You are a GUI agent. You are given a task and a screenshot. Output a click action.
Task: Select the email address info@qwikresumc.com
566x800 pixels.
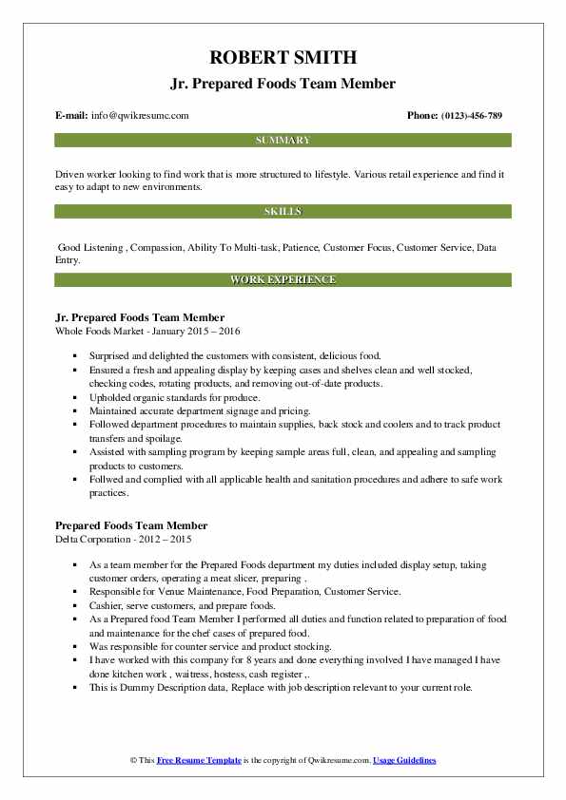point(141,116)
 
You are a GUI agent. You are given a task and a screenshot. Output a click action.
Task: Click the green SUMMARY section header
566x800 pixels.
point(283,141)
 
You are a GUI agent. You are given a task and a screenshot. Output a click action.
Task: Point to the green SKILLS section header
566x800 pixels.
point(283,211)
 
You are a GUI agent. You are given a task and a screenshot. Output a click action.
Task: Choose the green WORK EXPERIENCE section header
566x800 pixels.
point(283,280)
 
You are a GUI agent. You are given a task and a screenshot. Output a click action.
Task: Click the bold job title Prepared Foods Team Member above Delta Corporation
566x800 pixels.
point(131,525)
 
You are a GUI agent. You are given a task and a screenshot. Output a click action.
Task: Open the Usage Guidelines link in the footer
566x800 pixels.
point(404,761)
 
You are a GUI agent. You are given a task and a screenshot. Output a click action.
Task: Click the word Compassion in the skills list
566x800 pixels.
point(157,247)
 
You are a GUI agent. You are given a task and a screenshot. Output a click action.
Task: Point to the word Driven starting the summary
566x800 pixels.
point(70,175)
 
